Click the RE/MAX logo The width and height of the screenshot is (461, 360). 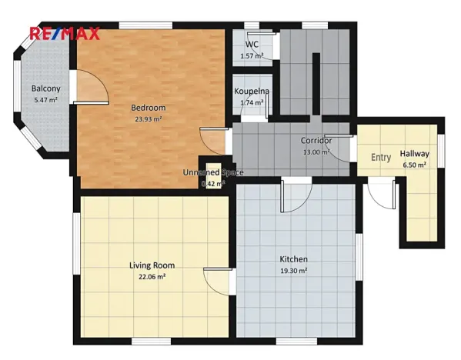pyautogui.click(x=65, y=33)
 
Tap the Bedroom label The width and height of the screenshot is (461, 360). pyautogui.click(x=149, y=108)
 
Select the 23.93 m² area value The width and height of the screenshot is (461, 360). pyautogui.click(x=149, y=119)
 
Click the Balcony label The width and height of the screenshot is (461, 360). pyautogui.click(x=46, y=88)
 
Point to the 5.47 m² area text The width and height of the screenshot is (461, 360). pyautogui.click(x=45, y=100)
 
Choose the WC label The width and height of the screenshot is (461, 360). pyautogui.click(x=252, y=45)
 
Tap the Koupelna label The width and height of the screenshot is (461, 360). pyautogui.click(x=252, y=91)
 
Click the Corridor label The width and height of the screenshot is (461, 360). pyautogui.click(x=316, y=141)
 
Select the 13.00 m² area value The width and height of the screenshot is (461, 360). pyautogui.click(x=316, y=152)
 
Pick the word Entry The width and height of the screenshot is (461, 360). pyautogui.click(x=381, y=158)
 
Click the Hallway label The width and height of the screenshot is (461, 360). pyautogui.click(x=414, y=154)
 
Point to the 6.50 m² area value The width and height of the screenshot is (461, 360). pyautogui.click(x=414, y=165)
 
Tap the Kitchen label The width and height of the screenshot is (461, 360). pyautogui.click(x=293, y=259)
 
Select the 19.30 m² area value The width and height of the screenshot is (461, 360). pyautogui.click(x=294, y=271)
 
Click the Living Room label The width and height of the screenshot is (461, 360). pyautogui.click(x=152, y=265)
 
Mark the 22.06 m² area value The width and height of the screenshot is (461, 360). pyautogui.click(x=152, y=277)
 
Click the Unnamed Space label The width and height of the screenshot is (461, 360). pyautogui.click(x=213, y=172)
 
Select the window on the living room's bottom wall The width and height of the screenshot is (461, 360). pyautogui.click(x=151, y=342)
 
